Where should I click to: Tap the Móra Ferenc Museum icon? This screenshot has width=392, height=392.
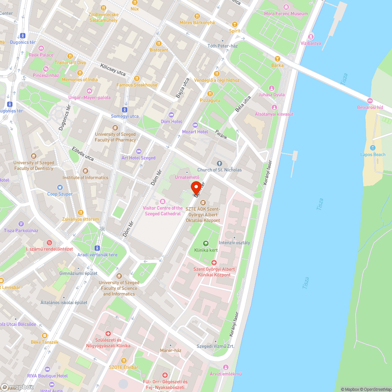286,7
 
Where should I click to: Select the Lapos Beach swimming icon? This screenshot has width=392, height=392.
373,148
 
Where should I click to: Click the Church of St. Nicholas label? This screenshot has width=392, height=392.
219,170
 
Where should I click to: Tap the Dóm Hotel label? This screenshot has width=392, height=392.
171,122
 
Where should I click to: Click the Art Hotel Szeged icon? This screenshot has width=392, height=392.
138,151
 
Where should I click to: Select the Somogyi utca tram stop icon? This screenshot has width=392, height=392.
125,110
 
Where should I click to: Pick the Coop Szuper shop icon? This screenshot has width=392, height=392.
60,187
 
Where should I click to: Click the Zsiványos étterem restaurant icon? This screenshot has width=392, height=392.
80,212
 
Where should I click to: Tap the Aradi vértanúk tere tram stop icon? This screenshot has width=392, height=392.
97,248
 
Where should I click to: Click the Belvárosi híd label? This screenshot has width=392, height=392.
370,107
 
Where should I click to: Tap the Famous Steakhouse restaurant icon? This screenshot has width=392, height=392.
137,78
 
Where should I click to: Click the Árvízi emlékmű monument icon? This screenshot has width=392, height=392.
225,367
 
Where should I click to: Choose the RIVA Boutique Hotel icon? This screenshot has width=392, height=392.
47,369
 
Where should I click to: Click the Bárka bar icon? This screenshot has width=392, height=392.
277,59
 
